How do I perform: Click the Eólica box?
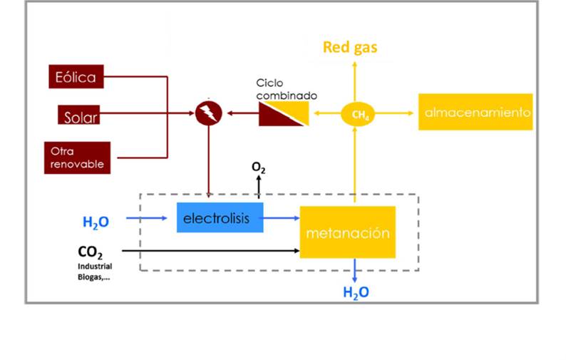tap(76, 76)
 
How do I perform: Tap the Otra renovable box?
tap(76, 158)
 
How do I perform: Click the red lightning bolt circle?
tap(209, 113)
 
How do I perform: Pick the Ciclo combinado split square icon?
tap(284, 113)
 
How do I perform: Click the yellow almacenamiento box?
tap(475, 113)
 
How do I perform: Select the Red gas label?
tap(350, 48)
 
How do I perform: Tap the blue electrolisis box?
tap(220, 217)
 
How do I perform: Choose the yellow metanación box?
tap(347, 232)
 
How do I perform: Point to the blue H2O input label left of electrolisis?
tap(96, 222)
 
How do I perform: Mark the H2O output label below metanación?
tap(356, 292)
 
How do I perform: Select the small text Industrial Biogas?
tap(94, 272)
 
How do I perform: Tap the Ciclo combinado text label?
tap(287, 89)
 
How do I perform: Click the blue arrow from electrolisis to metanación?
tap(281, 218)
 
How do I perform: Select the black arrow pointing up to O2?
tap(259, 187)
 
